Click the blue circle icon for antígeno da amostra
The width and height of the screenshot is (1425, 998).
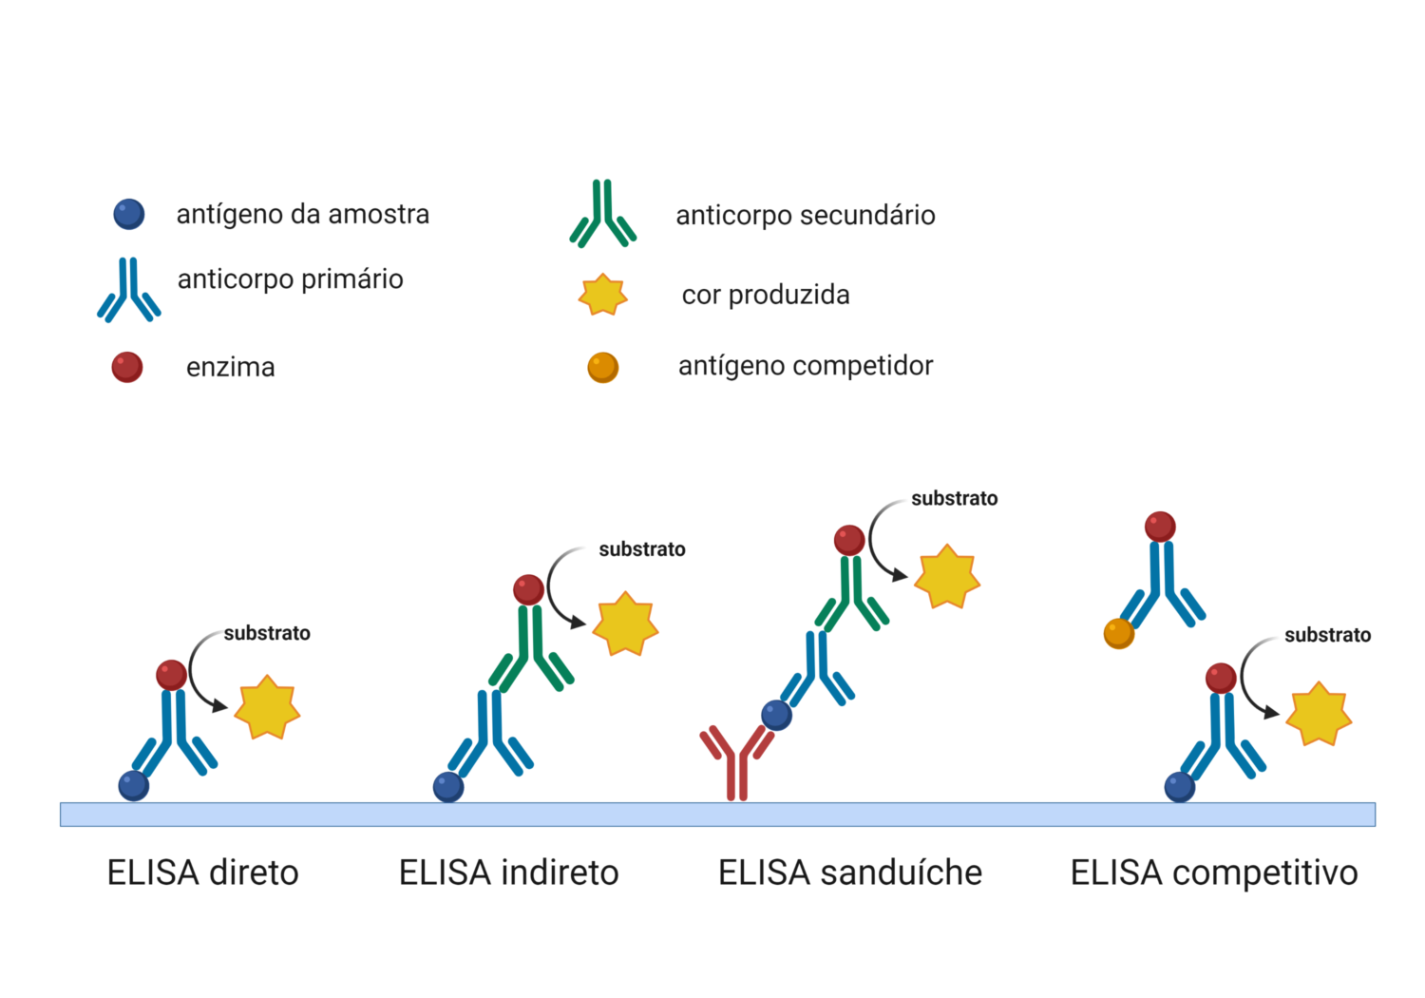click(x=129, y=214)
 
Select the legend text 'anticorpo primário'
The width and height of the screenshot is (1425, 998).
click(x=290, y=279)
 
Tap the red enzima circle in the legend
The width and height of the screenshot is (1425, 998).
click(x=127, y=367)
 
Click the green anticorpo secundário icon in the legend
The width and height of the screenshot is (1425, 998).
click(x=602, y=216)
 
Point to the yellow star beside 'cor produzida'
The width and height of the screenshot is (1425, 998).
click(x=603, y=295)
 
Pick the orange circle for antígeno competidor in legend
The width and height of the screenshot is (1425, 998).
click(x=603, y=367)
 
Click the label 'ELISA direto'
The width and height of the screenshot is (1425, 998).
click(x=202, y=873)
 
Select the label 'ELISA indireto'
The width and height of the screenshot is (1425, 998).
click(x=508, y=873)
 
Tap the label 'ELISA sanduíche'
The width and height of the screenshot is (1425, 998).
click(x=849, y=873)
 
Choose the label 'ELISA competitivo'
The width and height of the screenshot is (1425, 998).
click(x=1213, y=873)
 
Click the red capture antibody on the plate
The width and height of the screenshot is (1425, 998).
click(x=736, y=760)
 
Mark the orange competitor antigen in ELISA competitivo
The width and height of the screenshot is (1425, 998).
click(x=1119, y=633)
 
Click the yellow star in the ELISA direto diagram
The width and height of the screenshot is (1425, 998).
click(x=267, y=708)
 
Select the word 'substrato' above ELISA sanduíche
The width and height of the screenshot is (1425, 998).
click(x=954, y=499)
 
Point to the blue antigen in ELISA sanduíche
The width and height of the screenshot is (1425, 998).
click(x=777, y=715)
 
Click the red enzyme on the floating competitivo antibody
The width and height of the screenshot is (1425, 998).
click(x=1160, y=527)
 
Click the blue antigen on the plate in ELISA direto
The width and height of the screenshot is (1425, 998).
click(x=134, y=786)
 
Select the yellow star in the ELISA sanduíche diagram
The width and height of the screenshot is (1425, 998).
click(x=946, y=577)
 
